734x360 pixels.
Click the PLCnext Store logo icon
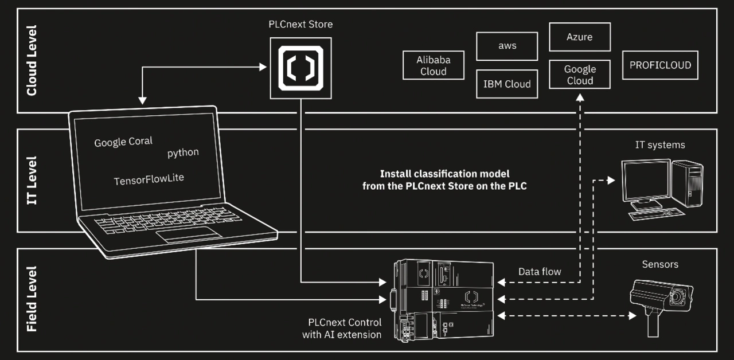point(300,64)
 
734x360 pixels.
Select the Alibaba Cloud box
point(434,65)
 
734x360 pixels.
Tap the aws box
point(507,46)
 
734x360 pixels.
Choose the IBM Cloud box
point(507,84)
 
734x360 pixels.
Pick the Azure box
point(580,37)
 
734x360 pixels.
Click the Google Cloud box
point(580,75)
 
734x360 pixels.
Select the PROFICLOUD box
point(660,65)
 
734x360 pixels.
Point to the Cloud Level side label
point(32,60)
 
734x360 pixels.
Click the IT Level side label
point(32,181)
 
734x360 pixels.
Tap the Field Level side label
point(32,299)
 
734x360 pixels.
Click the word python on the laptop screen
point(183,152)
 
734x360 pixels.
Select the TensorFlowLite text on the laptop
point(149,180)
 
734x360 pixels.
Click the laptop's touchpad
point(189,234)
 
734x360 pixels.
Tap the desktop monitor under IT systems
point(645,182)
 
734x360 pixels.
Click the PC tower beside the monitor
point(687,183)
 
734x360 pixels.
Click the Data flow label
point(540,271)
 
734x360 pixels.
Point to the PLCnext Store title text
point(300,25)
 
